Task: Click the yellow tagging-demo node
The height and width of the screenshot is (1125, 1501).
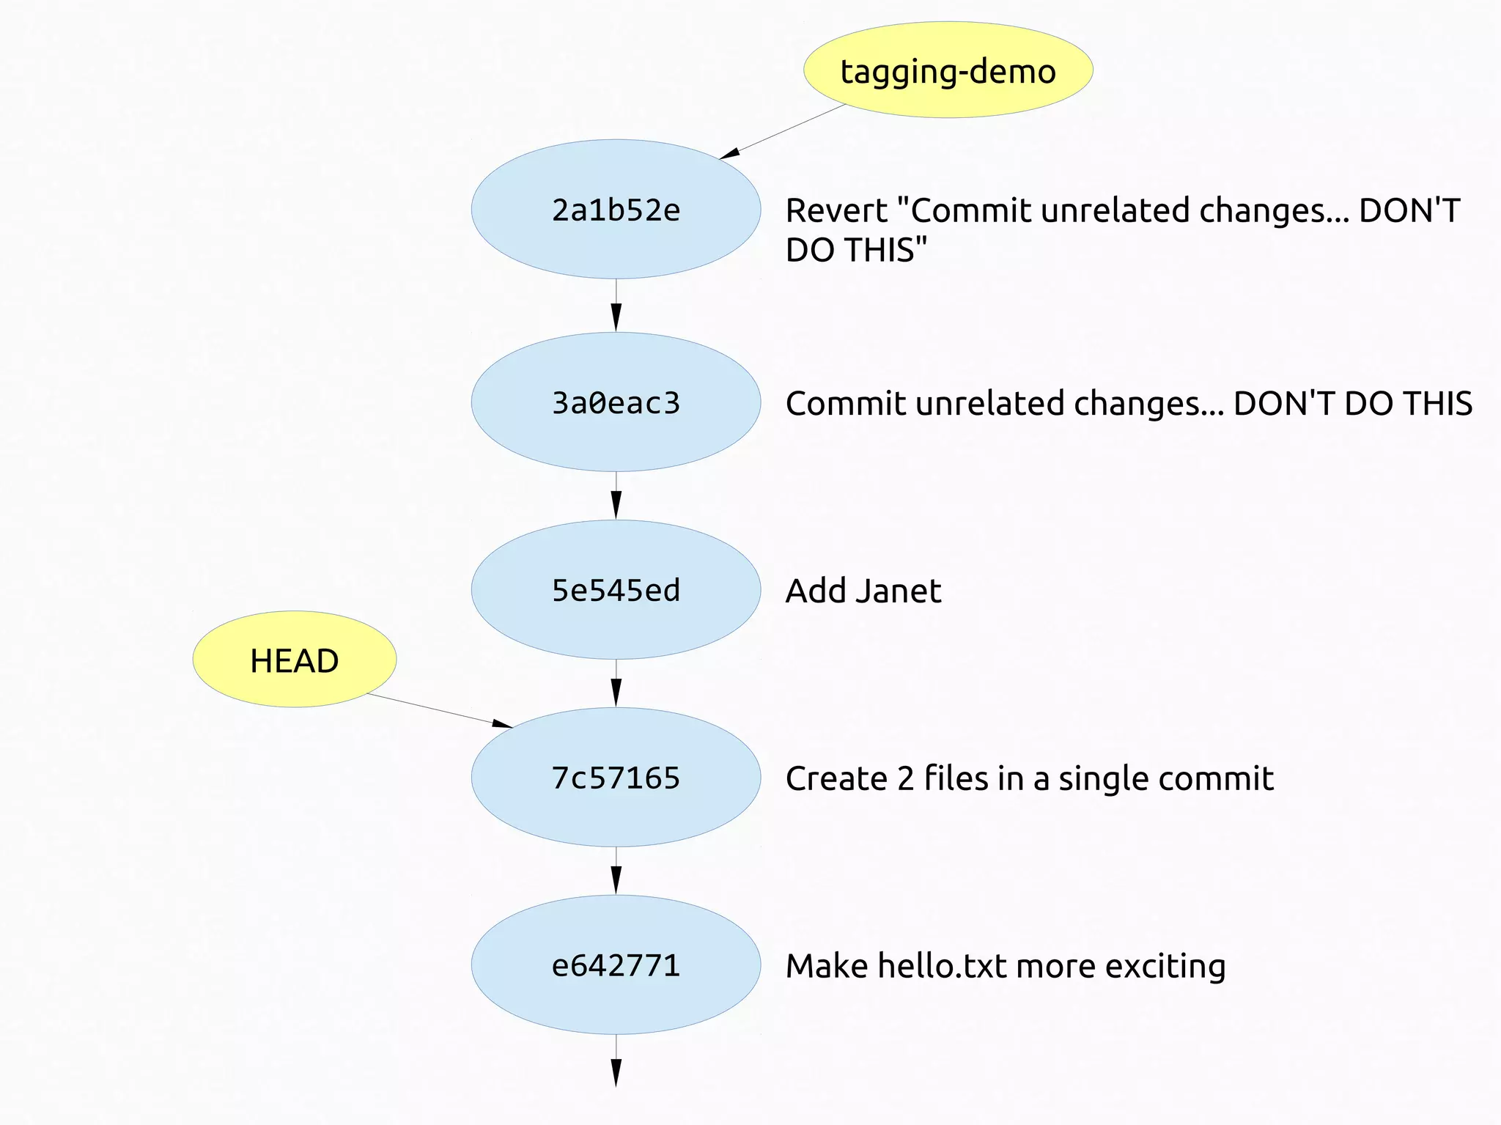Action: [948, 70]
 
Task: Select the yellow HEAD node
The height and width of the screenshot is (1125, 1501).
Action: [294, 660]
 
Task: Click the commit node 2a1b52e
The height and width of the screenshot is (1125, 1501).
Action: [616, 210]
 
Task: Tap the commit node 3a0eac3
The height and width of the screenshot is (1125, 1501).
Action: [616, 402]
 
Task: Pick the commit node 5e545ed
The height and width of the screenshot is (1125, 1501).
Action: [616, 590]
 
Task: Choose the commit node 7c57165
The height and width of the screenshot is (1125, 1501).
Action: [616, 778]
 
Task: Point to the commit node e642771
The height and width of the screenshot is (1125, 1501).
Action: [616, 965]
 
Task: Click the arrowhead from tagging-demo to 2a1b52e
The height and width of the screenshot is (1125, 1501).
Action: [729, 153]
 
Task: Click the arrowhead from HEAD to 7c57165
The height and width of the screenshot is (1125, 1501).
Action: [502, 724]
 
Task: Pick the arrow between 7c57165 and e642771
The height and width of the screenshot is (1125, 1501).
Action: [616, 871]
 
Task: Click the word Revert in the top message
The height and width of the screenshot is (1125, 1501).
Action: [836, 211]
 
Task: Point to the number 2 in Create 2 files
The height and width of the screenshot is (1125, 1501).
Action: [906, 778]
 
